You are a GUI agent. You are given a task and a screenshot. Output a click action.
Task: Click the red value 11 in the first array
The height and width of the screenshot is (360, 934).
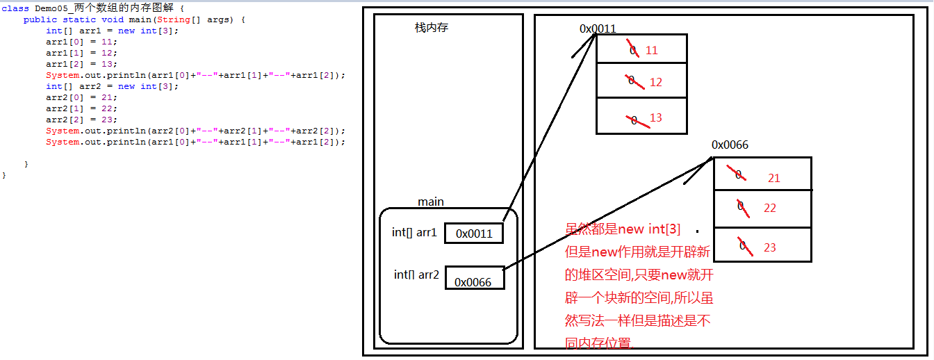651,51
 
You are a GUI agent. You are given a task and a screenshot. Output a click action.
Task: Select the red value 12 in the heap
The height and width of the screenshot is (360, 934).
655,82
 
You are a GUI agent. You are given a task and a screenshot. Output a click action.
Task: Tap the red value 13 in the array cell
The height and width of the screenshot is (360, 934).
655,117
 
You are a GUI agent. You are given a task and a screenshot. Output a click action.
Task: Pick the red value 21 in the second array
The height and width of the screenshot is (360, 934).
773,178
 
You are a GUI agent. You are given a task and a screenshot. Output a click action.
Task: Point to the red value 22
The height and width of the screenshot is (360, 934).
769,208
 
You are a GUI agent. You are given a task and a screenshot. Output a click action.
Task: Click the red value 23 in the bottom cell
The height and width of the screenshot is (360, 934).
769,247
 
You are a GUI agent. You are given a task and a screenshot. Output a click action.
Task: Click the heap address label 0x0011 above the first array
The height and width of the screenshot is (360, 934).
598,28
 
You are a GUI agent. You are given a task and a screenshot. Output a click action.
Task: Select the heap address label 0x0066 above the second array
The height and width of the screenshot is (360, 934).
730,145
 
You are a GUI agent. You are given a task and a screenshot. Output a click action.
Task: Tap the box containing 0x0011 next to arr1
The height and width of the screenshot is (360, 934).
473,234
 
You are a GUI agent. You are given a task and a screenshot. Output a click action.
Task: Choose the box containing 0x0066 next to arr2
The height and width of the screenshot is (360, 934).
474,278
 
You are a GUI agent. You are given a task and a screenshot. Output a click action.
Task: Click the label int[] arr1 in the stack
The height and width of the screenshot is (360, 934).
414,232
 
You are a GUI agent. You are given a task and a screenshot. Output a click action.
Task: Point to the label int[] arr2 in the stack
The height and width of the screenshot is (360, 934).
416,275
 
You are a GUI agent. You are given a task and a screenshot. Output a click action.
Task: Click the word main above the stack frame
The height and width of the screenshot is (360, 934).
430,202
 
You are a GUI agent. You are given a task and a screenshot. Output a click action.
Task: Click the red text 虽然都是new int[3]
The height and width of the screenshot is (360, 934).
623,229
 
